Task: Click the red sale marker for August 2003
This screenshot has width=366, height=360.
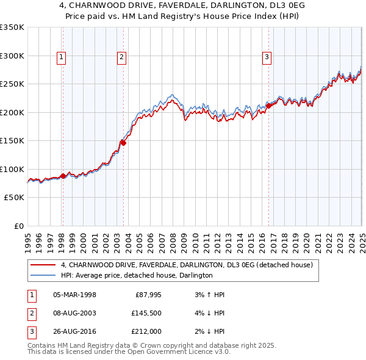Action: coord(123,143)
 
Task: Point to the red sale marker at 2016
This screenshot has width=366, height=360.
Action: coord(268,106)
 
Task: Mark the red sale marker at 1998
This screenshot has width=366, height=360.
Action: coord(63,176)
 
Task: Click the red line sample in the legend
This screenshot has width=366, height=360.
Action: coord(43,265)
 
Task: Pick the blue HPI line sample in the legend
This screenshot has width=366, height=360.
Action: coord(43,276)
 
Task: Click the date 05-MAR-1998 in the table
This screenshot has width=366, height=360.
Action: coord(74,295)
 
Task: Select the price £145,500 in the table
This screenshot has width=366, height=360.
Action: coord(146,314)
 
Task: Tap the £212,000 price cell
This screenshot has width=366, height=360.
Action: coord(146,333)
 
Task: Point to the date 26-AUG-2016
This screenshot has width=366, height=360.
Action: coord(74,333)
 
